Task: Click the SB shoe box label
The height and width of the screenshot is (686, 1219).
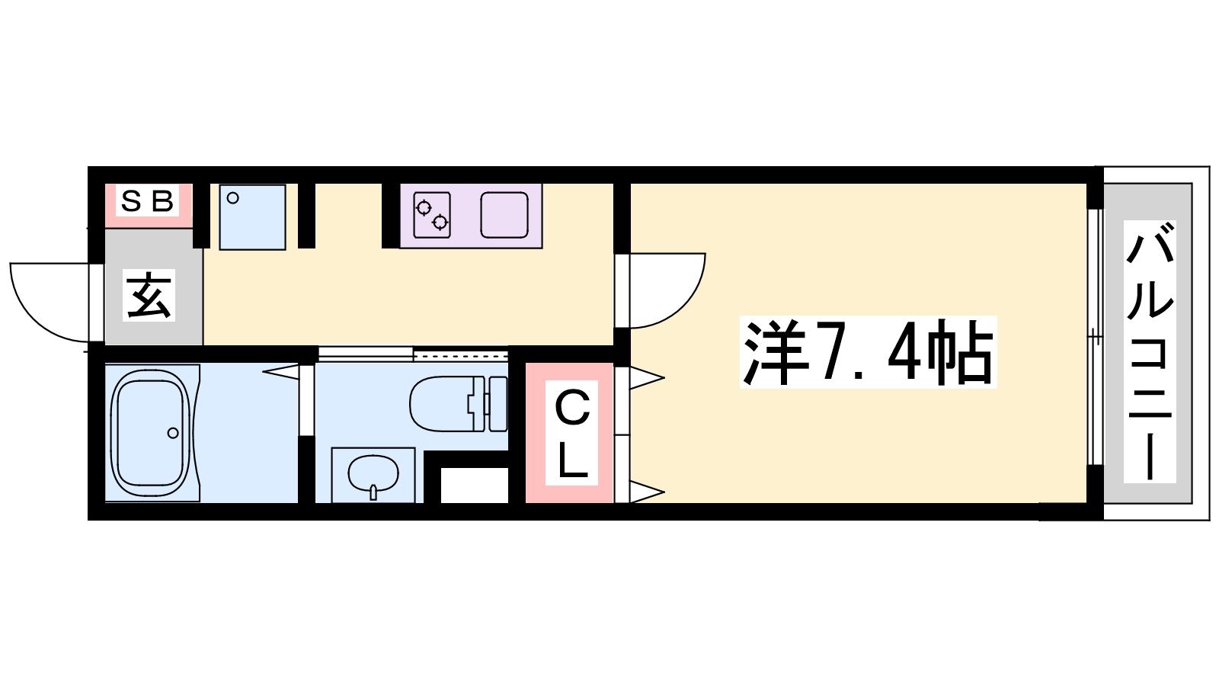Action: [148, 202]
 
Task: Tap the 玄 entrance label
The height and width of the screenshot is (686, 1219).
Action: [150, 296]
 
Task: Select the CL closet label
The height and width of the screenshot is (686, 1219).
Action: [572, 433]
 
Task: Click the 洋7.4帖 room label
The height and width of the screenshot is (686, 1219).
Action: [868, 352]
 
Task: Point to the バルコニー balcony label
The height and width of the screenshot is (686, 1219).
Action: [1150, 351]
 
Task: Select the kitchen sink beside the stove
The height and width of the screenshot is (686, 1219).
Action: [504, 215]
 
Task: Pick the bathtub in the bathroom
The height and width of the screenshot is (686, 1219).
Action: [151, 432]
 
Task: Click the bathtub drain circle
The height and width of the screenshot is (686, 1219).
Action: [173, 433]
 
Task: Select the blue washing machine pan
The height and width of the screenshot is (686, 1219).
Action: [252, 216]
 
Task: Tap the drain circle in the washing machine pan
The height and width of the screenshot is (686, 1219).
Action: [233, 198]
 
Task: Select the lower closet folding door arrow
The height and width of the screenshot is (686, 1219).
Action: [646, 492]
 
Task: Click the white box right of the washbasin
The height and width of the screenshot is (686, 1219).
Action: [475, 486]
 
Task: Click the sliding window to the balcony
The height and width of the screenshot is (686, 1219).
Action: [1094, 336]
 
